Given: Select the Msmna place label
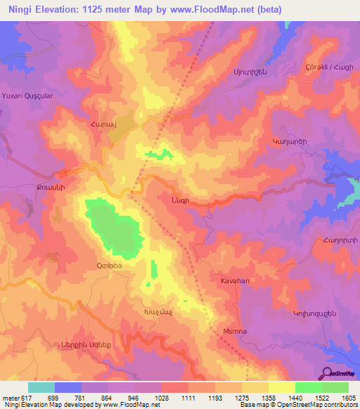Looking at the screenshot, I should point(233,335).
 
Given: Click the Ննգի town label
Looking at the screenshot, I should point(179,200).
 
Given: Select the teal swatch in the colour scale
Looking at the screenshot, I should point(41,387).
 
